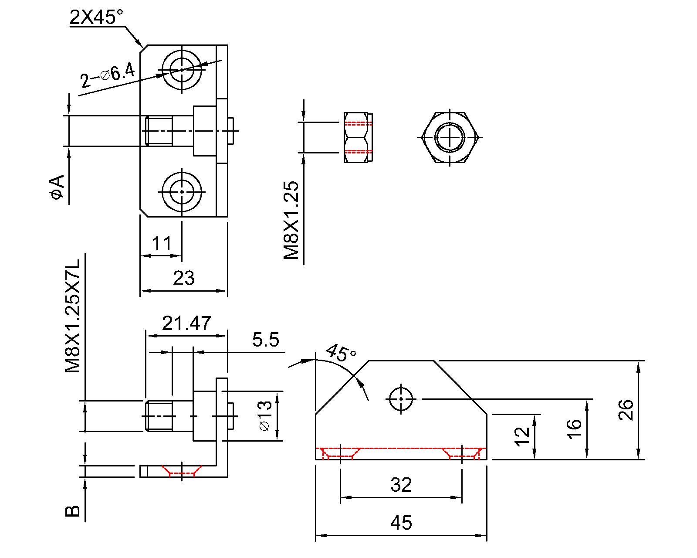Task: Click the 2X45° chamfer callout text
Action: pos(96,17)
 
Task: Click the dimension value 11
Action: pos(162,243)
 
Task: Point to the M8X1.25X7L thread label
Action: pos(73,316)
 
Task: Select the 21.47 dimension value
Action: pos(186,323)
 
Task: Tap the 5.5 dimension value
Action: pos(265,339)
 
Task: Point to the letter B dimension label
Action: pos(73,511)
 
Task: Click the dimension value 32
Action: pos(401,484)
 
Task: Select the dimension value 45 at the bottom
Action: pos(401,522)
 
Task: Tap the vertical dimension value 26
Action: pos(626,410)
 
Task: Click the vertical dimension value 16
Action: pos(575,429)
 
